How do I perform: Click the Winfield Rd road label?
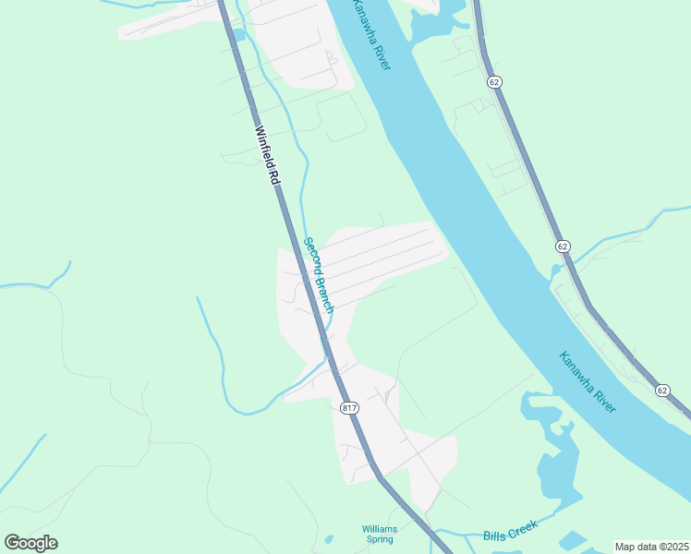[x=266, y=156]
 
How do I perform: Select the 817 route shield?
[x=348, y=407]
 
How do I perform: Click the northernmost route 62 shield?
[x=495, y=82]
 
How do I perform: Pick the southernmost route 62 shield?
[x=661, y=391]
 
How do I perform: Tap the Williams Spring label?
[x=380, y=535]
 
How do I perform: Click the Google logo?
[x=30, y=543]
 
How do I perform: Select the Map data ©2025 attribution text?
[x=651, y=547]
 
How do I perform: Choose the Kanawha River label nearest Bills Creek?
[x=587, y=381]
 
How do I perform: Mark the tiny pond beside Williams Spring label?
[x=329, y=539]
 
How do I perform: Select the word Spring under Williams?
[x=380, y=540]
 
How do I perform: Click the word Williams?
[x=380, y=529]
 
